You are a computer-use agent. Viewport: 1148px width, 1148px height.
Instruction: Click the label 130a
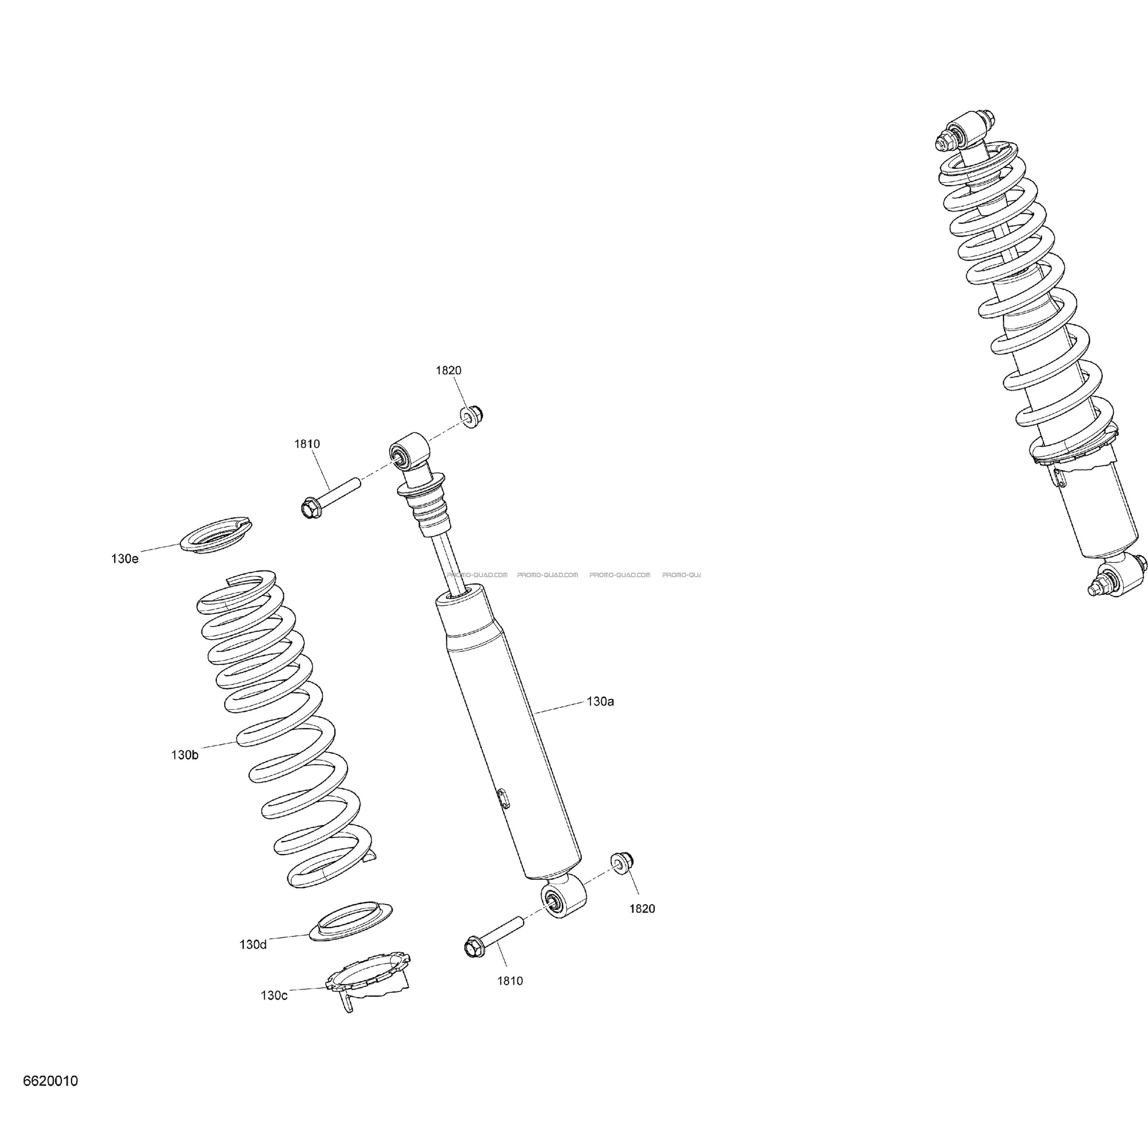[x=600, y=702]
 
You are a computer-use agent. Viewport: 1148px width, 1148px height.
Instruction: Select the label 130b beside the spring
[x=185, y=755]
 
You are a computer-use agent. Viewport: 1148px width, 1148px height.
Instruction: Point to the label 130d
[x=253, y=945]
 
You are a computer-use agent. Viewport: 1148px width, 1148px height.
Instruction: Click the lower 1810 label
[x=510, y=981]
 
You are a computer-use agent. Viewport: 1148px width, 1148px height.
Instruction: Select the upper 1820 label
[x=449, y=370]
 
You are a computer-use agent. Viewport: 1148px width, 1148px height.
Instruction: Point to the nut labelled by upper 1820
[x=472, y=416]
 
